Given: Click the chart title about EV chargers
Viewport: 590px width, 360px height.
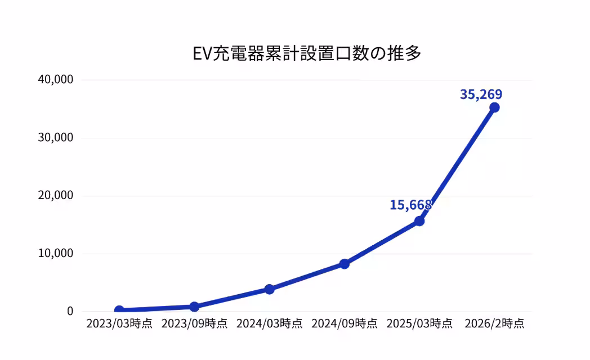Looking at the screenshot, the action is (x=307, y=53).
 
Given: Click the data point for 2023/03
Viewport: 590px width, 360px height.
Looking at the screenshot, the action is (x=119, y=310).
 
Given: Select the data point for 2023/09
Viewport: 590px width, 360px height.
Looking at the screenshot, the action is (x=194, y=307).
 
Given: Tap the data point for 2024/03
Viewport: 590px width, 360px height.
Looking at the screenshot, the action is (x=270, y=289).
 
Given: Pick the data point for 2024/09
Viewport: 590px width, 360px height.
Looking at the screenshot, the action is (x=345, y=264).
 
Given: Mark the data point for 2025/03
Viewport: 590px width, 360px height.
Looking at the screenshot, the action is (x=419, y=221).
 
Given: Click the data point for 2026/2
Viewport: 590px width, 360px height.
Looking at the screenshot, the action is (x=494, y=107).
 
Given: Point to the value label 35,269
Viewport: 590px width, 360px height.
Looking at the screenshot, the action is (x=481, y=94).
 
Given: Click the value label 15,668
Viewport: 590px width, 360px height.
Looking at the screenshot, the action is (x=410, y=205).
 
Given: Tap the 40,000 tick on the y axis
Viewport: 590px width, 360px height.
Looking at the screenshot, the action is (x=56, y=79).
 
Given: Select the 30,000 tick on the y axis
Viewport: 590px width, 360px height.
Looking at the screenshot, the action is (x=56, y=138).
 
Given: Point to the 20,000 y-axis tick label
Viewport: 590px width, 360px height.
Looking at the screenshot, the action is (x=56, y=195).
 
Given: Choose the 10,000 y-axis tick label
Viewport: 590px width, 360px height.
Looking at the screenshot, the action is (x=56, y=253).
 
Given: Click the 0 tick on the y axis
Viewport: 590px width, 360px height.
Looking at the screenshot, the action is (x=70, y=311).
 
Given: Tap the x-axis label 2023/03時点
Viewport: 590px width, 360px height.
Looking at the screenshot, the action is (x=119, y=323).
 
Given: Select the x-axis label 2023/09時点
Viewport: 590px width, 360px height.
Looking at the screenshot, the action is (x=194, y=323).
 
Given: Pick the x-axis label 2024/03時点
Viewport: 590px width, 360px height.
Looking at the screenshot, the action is (x=270, y=323).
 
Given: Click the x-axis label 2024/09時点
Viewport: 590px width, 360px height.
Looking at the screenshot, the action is (x=345, y=323).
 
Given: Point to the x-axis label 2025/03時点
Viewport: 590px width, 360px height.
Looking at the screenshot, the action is (x=419, y=323).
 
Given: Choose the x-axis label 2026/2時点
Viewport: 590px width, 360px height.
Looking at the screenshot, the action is (x=494, y=323).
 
